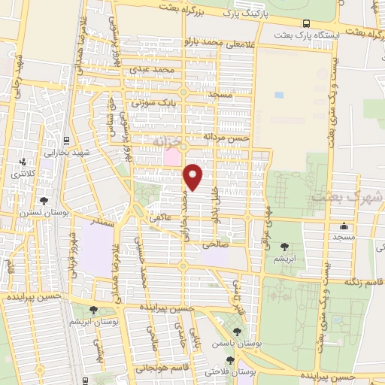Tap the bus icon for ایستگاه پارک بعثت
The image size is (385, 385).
click(305, 23)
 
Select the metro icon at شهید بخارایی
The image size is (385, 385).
click(68, 140)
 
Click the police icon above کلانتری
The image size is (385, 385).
click(23, 161)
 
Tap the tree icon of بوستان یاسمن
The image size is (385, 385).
click(238, 332)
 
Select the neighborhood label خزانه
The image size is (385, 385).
click(167, 141)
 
